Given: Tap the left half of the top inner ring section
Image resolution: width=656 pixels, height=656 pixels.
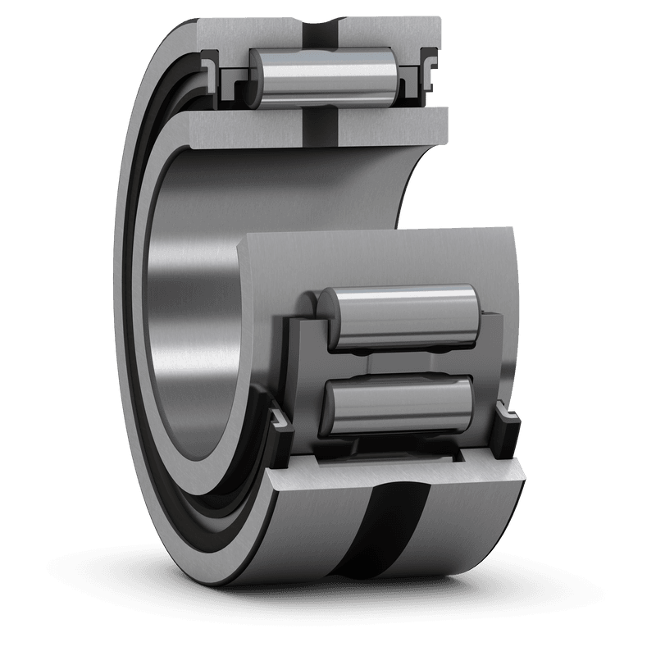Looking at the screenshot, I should coord(238,127).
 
